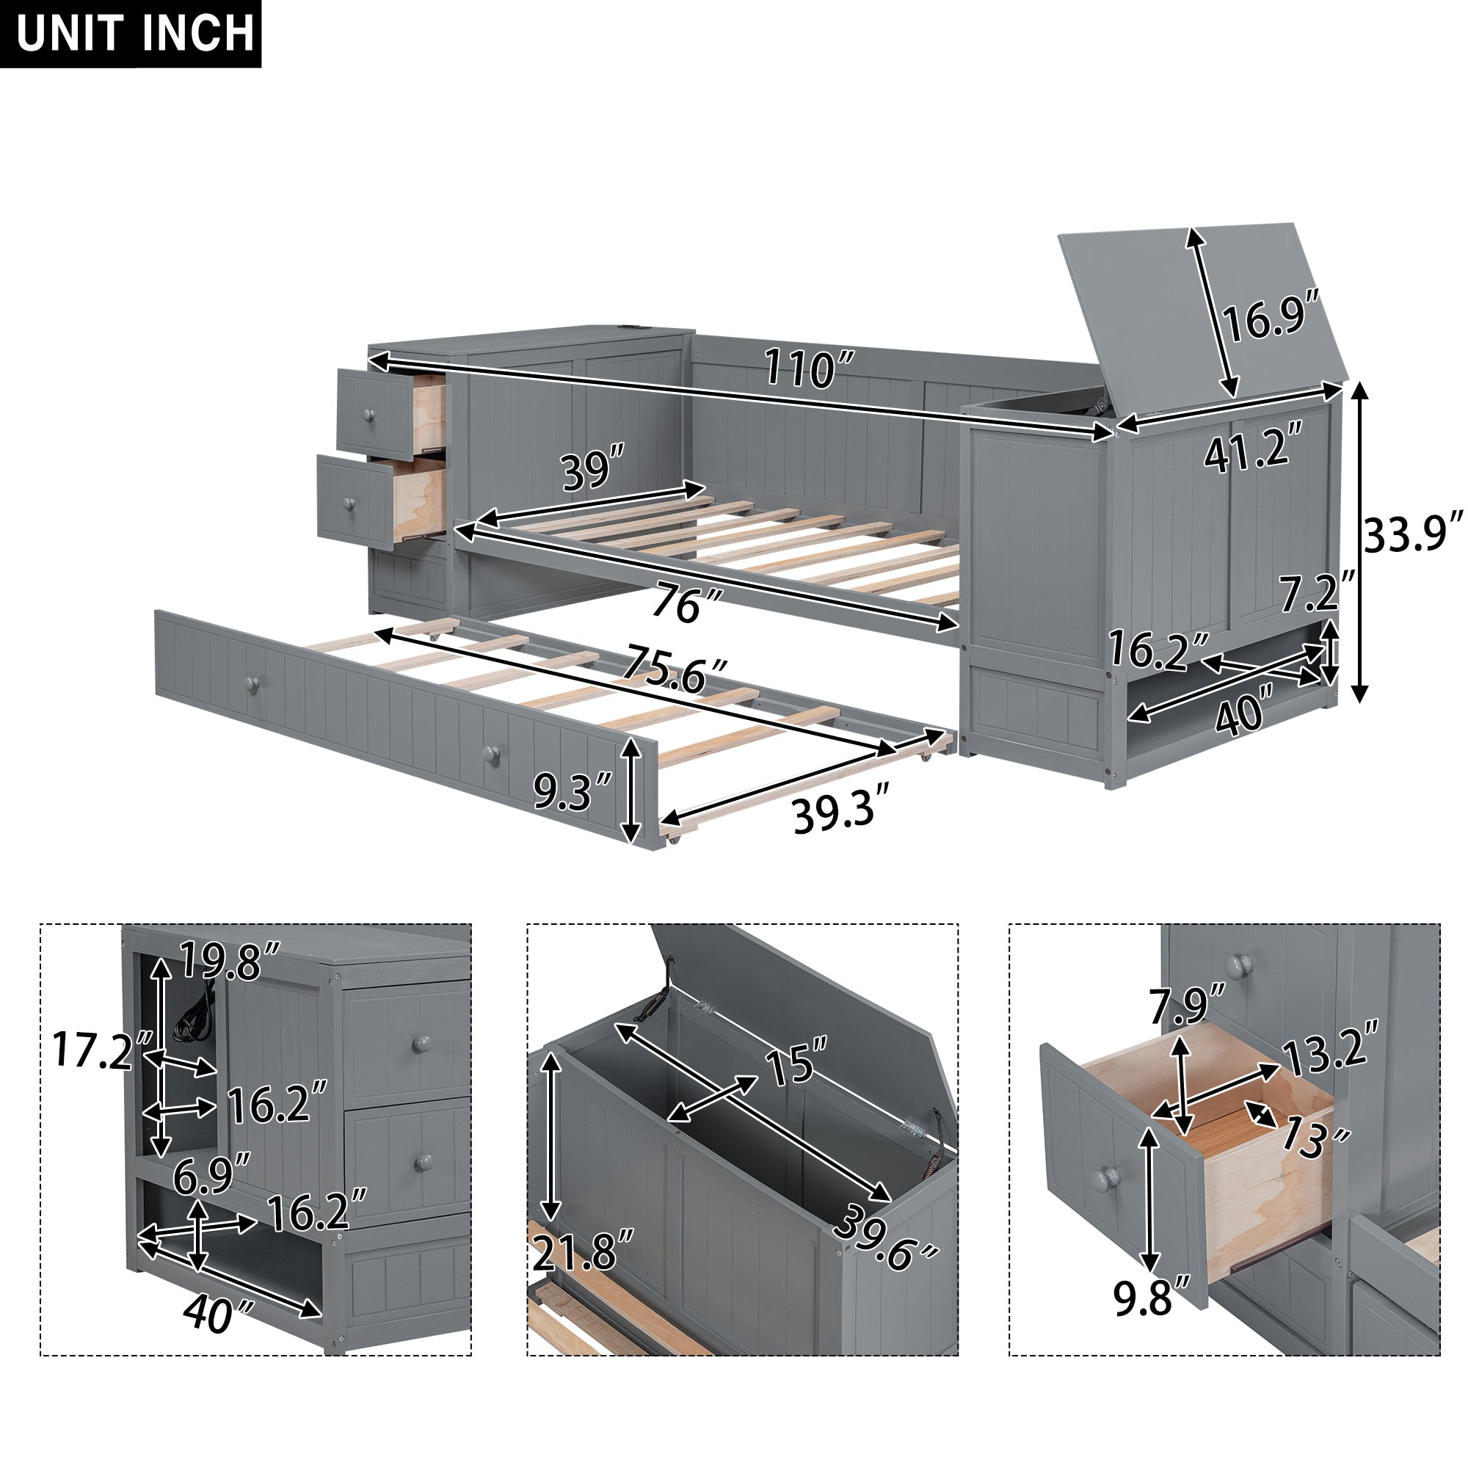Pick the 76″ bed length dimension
coord(687,604)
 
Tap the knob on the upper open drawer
coord(369,415)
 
